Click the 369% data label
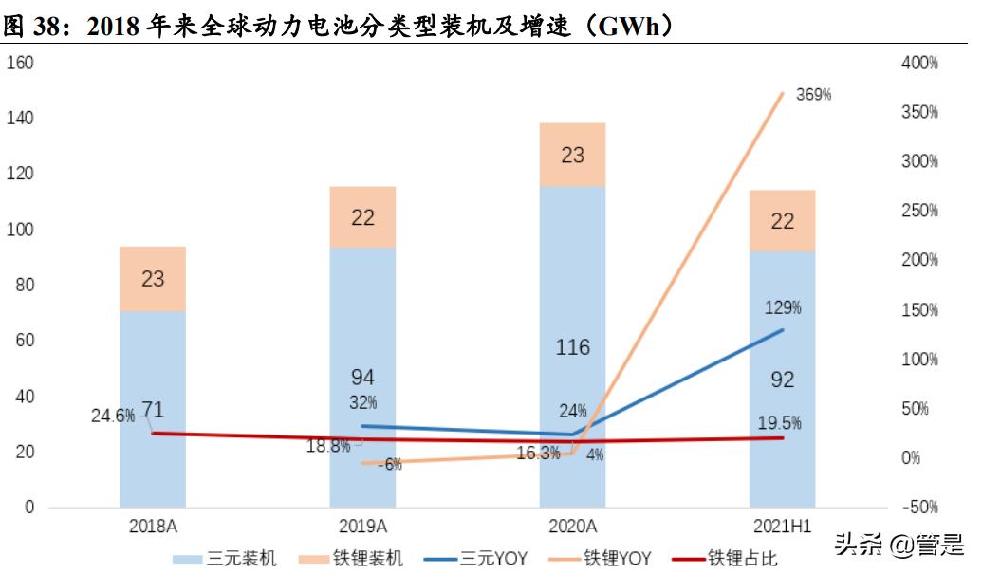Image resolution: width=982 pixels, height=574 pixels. point(813,94)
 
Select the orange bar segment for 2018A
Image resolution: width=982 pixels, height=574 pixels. point(153,279)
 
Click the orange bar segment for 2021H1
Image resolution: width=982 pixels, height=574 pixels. point(782,221)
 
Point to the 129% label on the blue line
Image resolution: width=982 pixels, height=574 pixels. point(783,307)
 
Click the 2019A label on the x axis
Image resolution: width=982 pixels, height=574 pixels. point(362,526)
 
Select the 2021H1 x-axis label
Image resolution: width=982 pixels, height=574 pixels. point(782,526)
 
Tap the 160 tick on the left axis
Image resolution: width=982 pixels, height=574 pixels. point(21,63)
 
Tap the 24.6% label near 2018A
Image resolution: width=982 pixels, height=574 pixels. point(112,416)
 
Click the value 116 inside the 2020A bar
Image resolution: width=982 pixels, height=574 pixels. point(572,347)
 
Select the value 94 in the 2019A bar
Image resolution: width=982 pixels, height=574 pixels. point(362,378)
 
